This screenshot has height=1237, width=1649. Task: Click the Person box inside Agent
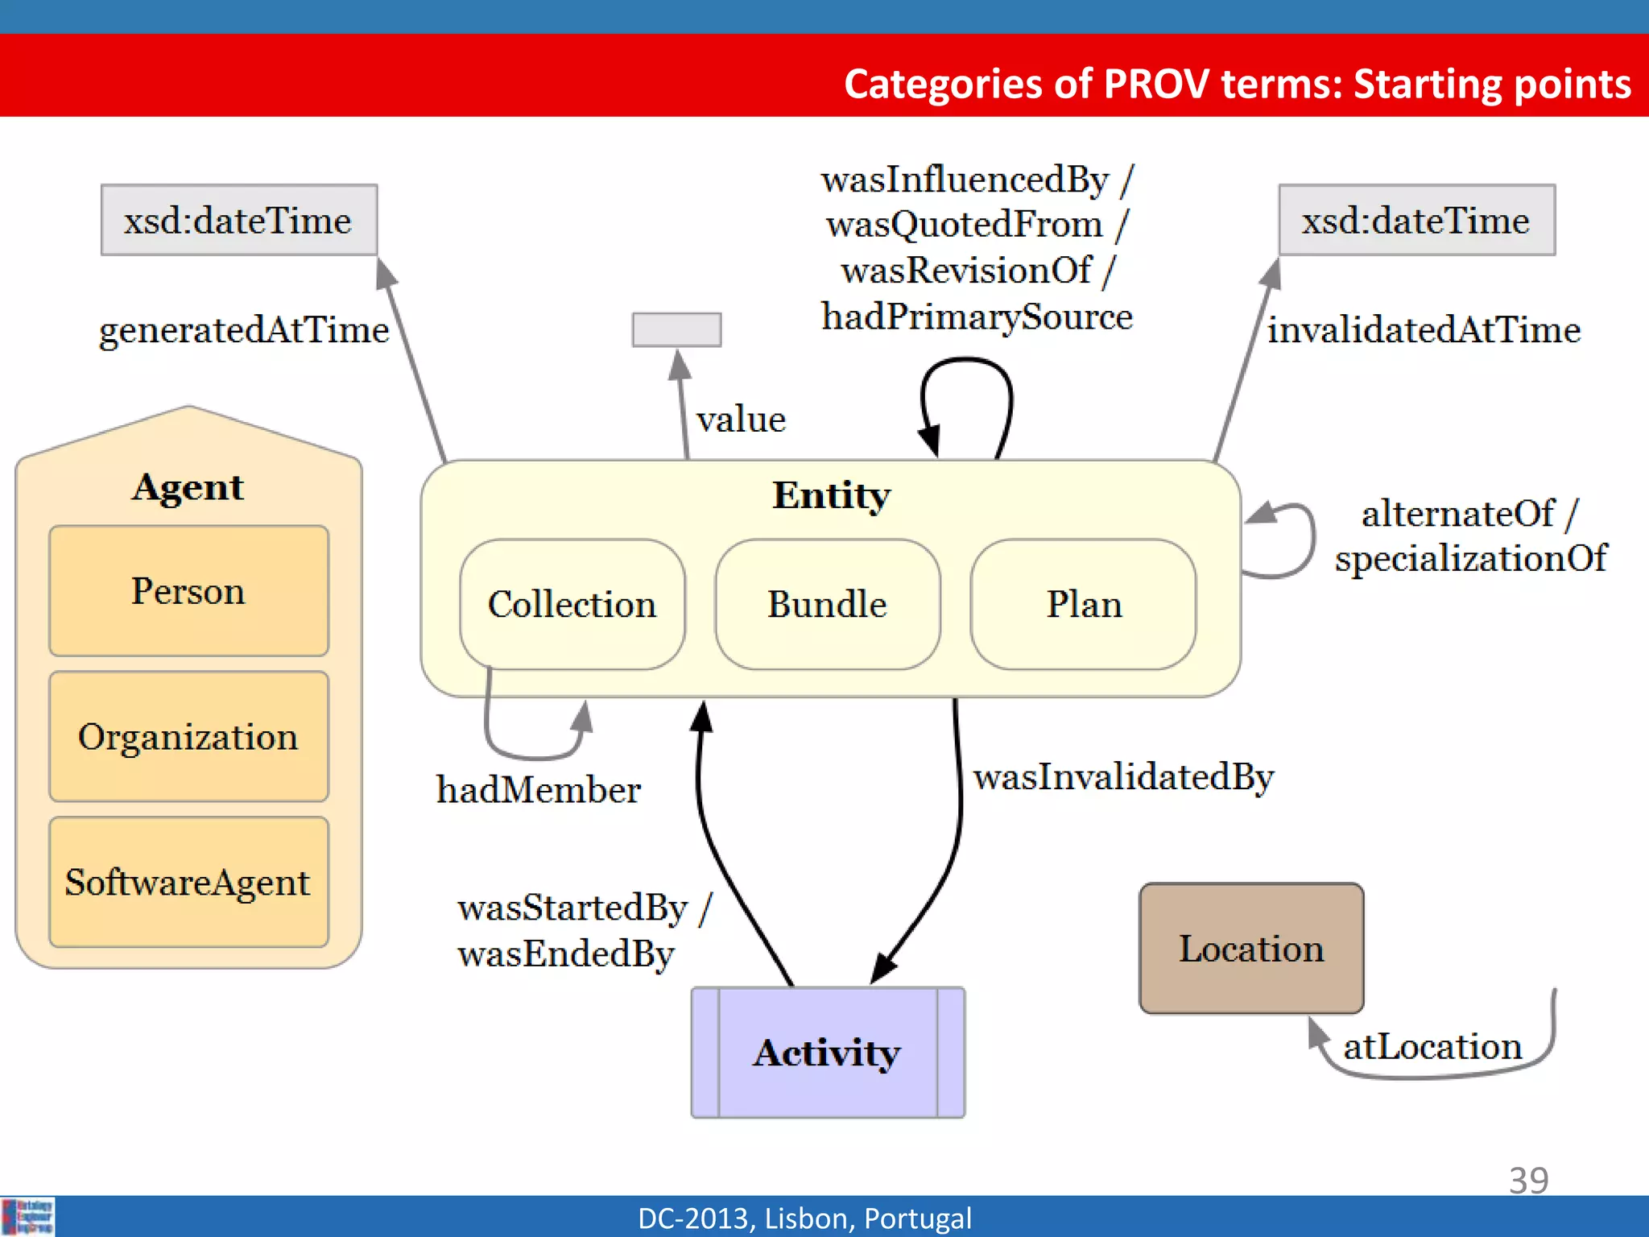(188, 591)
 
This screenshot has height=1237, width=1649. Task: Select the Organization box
(188, 736)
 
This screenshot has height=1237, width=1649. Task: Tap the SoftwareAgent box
(188, 882)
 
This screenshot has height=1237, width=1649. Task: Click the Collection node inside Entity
(572, 604)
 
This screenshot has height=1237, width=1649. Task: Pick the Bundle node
(827, 604)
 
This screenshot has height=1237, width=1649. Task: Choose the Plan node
(1083, 604)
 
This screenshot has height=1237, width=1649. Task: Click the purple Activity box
(828, 1053)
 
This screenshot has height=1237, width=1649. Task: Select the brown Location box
(1251, 948)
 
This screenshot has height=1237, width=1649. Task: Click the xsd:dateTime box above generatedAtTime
(238, 220)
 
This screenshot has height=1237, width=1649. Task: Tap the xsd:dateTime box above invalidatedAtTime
(1416, 220)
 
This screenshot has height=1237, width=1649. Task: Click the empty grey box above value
(676, 329)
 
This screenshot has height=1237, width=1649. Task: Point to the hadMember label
(538, 789)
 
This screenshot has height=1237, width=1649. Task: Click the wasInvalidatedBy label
(1123, 776)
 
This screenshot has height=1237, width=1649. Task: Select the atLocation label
(1432, 1046)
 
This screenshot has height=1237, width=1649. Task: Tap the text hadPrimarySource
(977, 316)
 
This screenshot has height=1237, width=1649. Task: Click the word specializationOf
(1470, 558)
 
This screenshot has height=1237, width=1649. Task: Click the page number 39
(1528, 1180)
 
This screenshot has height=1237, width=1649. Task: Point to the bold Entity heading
(831, 494)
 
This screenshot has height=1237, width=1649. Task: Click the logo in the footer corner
(28, 1216)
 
